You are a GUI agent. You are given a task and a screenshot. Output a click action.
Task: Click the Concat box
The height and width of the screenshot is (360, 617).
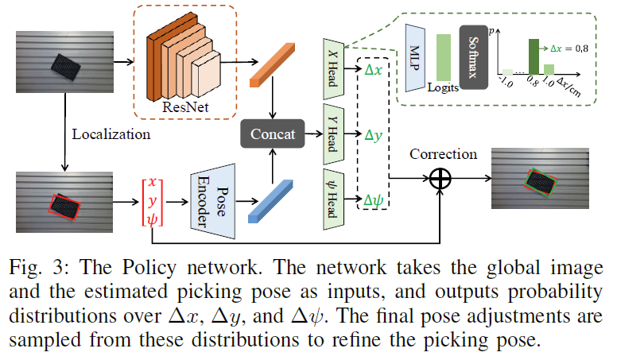[x=272, y=135]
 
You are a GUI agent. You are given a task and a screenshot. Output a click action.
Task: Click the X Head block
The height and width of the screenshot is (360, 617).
[x=333, y=66]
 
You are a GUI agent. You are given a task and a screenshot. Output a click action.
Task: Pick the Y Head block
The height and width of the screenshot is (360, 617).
[x=333, y=134]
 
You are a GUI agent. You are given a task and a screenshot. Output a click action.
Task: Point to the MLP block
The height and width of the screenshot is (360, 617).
[x=417, y=56]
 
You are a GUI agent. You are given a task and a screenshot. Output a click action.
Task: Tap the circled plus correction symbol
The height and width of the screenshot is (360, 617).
[x=440, y=179]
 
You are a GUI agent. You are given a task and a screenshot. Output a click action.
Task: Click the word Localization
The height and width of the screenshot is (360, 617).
[x=111, y=134]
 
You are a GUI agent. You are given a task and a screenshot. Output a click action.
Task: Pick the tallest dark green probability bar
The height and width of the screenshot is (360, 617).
[x=534, y=56]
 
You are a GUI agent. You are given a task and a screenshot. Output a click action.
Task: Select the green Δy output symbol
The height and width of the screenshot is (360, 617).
[x=373, y=135]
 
